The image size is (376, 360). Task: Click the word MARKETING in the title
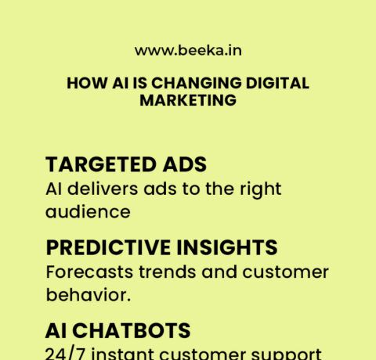(187, 101)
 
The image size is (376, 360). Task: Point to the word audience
(88, 211)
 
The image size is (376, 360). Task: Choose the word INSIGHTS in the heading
(230, 248)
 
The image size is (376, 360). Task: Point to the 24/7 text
(66, 353)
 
